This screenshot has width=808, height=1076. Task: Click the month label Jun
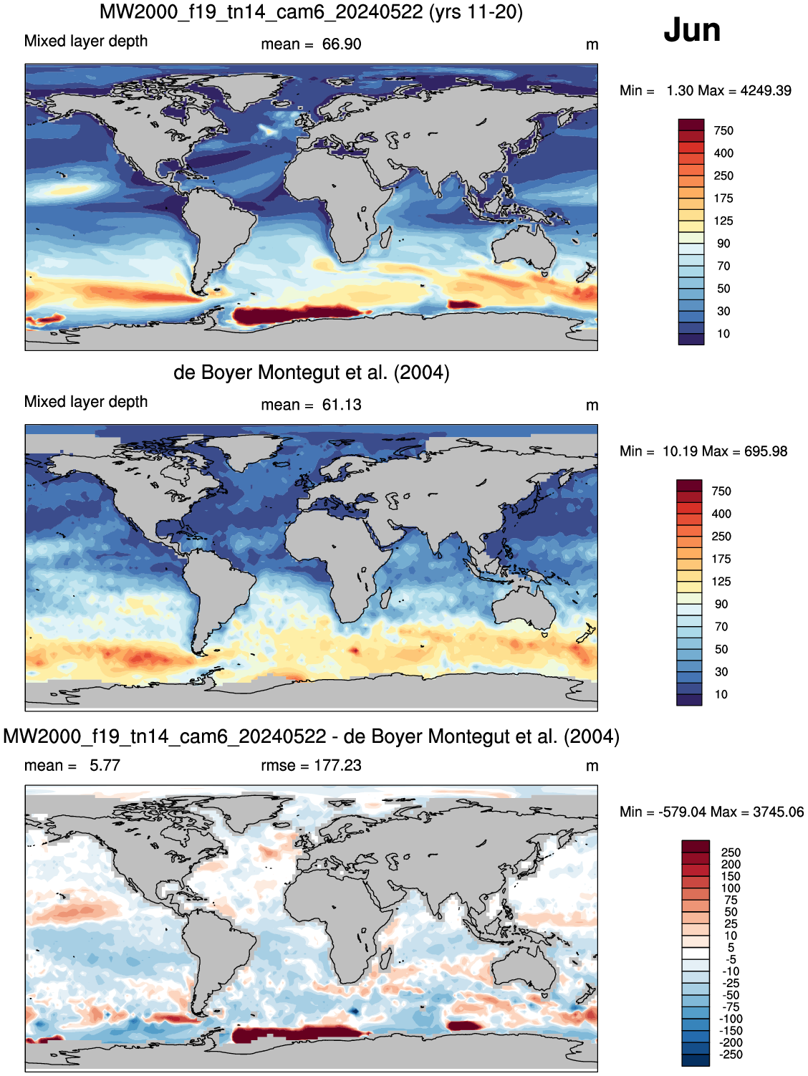click(x=692, y=30)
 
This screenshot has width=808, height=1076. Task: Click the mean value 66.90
click(x=342, y=44)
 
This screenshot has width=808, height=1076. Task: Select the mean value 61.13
click(x=342, y=405)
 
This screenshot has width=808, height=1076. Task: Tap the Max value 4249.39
click(x=766, y=91)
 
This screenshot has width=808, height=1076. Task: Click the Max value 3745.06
click(x=778, y=812)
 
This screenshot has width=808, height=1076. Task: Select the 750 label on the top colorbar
click(x=723, y=131)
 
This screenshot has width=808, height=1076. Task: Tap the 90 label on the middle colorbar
click(x=721, y=605)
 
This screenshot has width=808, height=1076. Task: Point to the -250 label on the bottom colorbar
click(x=730, y=1055)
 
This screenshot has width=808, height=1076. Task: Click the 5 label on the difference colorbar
click(x=731, y=948)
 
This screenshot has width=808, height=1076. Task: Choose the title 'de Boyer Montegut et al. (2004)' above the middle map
click(x=311, y=373)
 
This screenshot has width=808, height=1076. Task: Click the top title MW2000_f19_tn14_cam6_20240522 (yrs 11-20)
click(x=311, y=11)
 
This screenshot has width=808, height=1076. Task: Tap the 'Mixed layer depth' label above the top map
click(x=86, y=41)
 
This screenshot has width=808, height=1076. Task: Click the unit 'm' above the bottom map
click(x=592, y=767)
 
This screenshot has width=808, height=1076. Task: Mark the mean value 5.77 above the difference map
click(x=105, y=766)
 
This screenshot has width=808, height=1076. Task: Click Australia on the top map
click(x=524, y=247)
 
